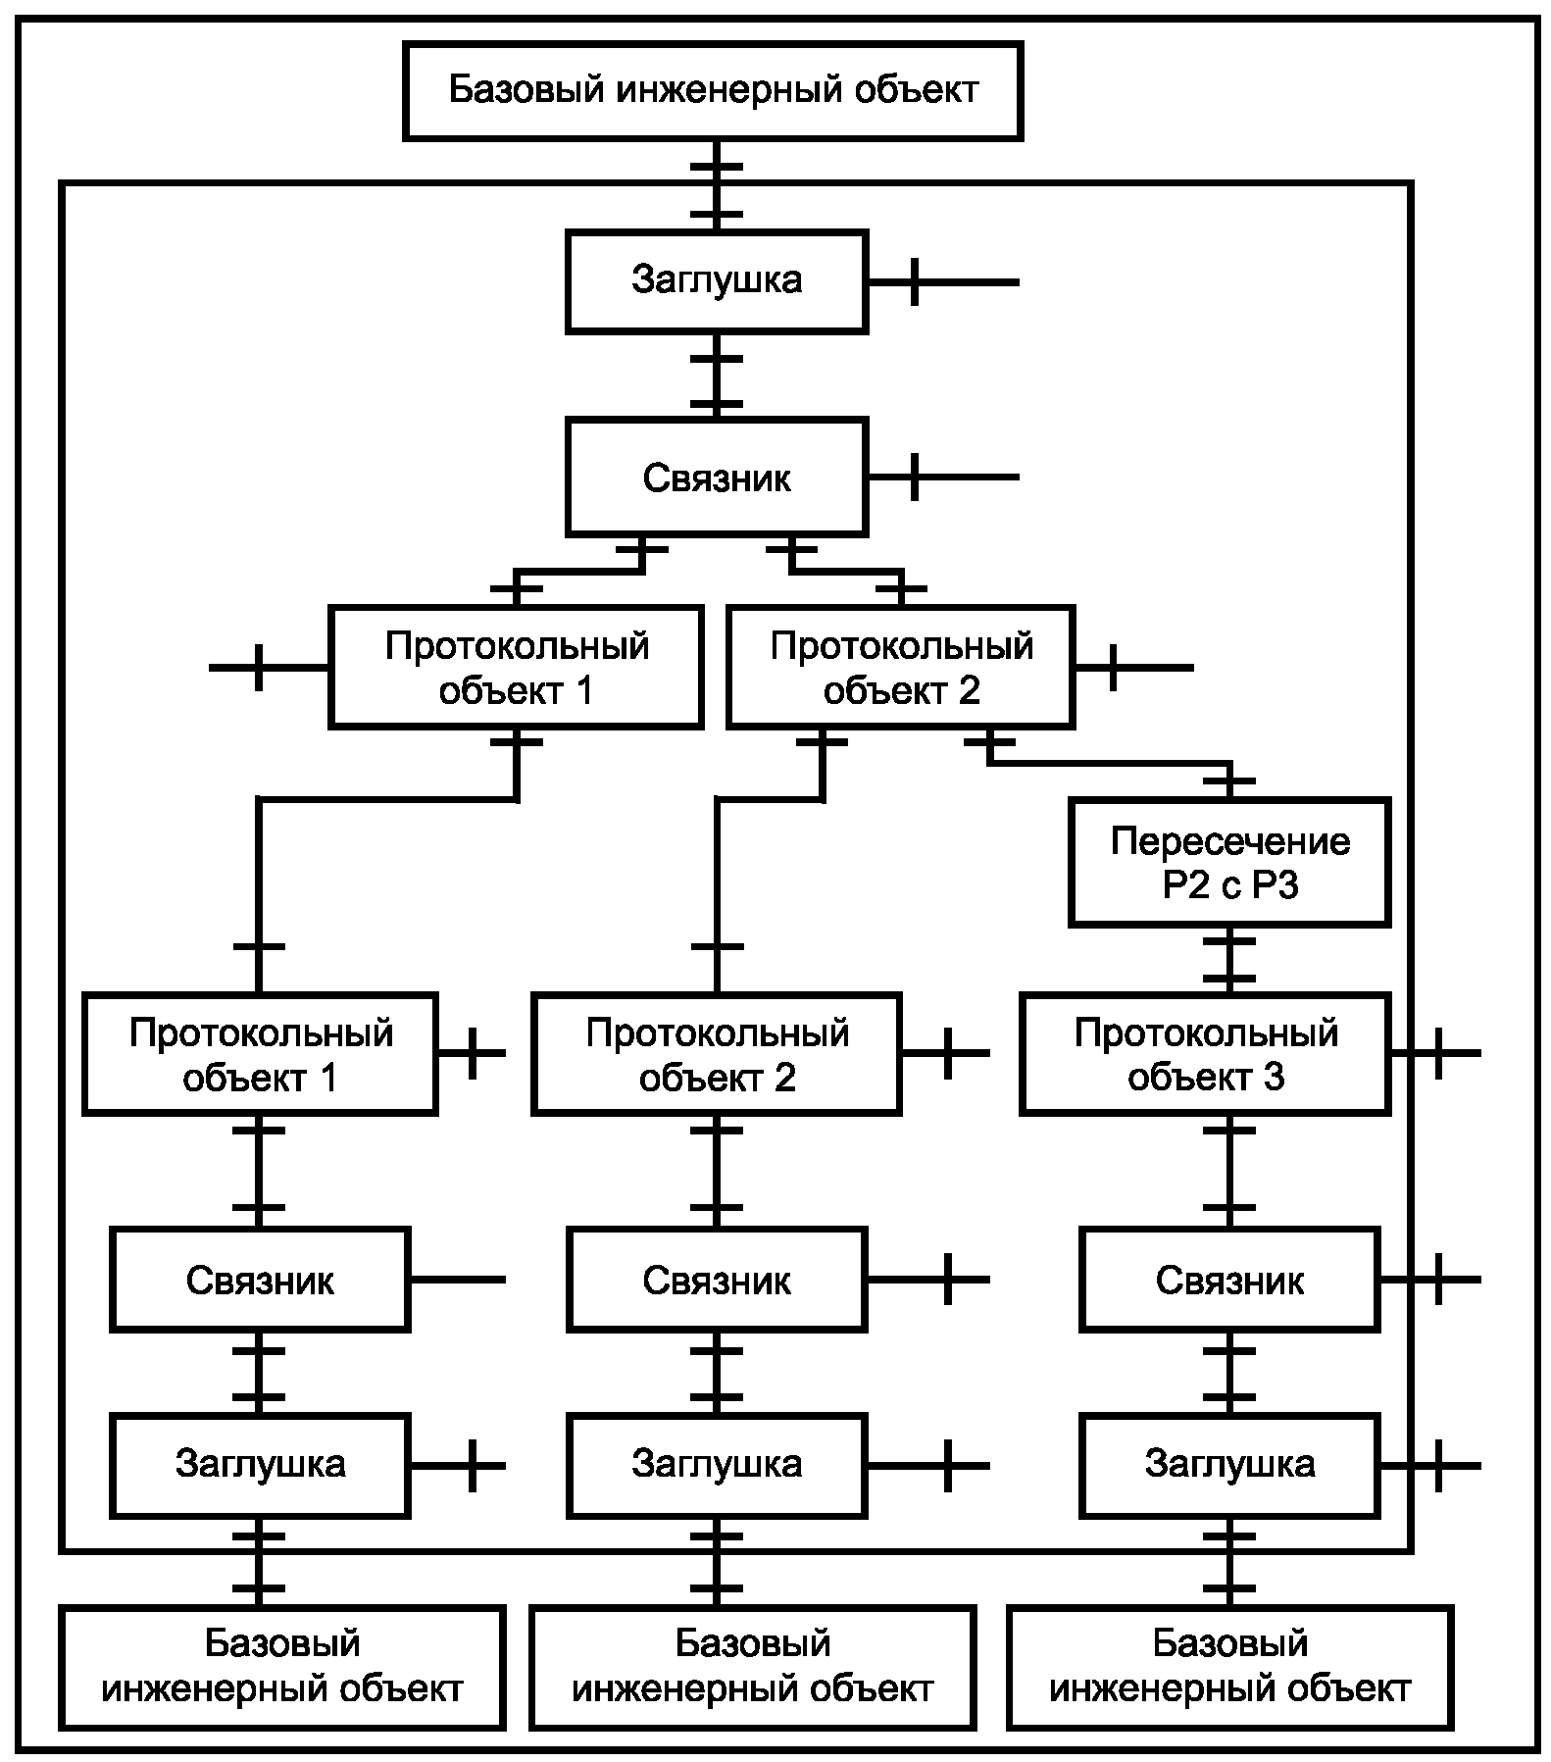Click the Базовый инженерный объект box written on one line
tap(713, 90)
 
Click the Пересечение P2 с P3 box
tap(1229, 863)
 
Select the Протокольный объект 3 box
tap(1205, 1054)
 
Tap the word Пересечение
tap(1229, 841)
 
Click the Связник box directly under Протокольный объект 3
tap(1229, 1280)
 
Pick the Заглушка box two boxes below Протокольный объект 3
tap(1229, 1464)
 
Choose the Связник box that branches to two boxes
tap(717, 478)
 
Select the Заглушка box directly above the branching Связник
tap(717, 280)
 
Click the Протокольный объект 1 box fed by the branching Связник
tap(516, 668)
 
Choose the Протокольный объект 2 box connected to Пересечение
tap(901, 668)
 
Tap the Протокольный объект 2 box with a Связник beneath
tap(717, 1054)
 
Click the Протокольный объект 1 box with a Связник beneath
tap(260, 1054)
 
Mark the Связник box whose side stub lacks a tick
tap(260, 1280)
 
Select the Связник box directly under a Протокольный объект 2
tap(717, 1280)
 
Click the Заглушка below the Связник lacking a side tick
tap(260, 1464)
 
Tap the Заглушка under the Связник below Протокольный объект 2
tap(717, 1464)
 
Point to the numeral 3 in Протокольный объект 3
tap(1274, 1078)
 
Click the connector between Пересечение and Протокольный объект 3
tap(1229, 961)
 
